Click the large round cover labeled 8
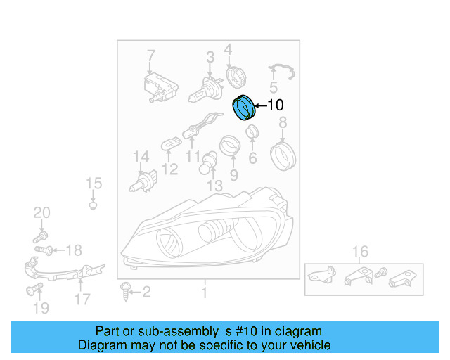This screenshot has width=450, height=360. coord(283,154)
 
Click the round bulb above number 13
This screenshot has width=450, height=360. coord(210,163)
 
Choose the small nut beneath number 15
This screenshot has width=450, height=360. coord(93,205)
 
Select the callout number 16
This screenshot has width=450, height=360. coord(360,252)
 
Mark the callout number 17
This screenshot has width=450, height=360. coord(82,299)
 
